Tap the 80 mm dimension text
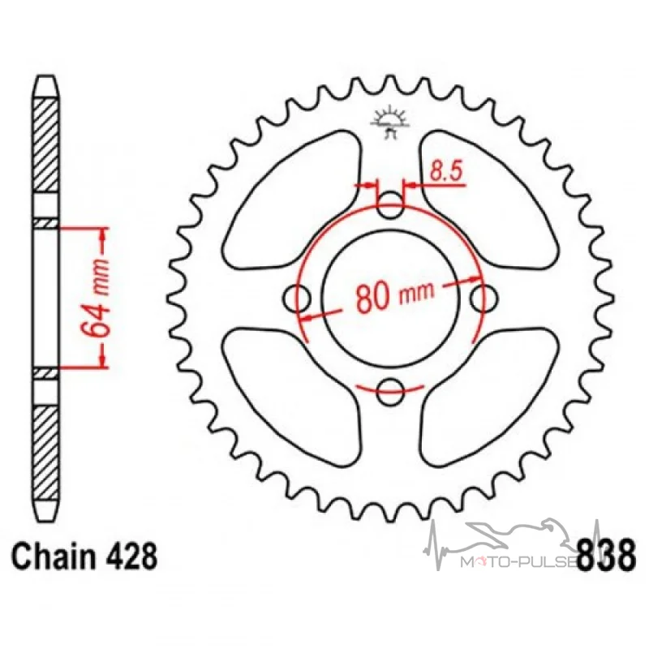tap(395, 295)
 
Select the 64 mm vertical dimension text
tap(96, 298)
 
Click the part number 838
tap(606, 554)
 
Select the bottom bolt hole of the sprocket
tap(390, 390)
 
